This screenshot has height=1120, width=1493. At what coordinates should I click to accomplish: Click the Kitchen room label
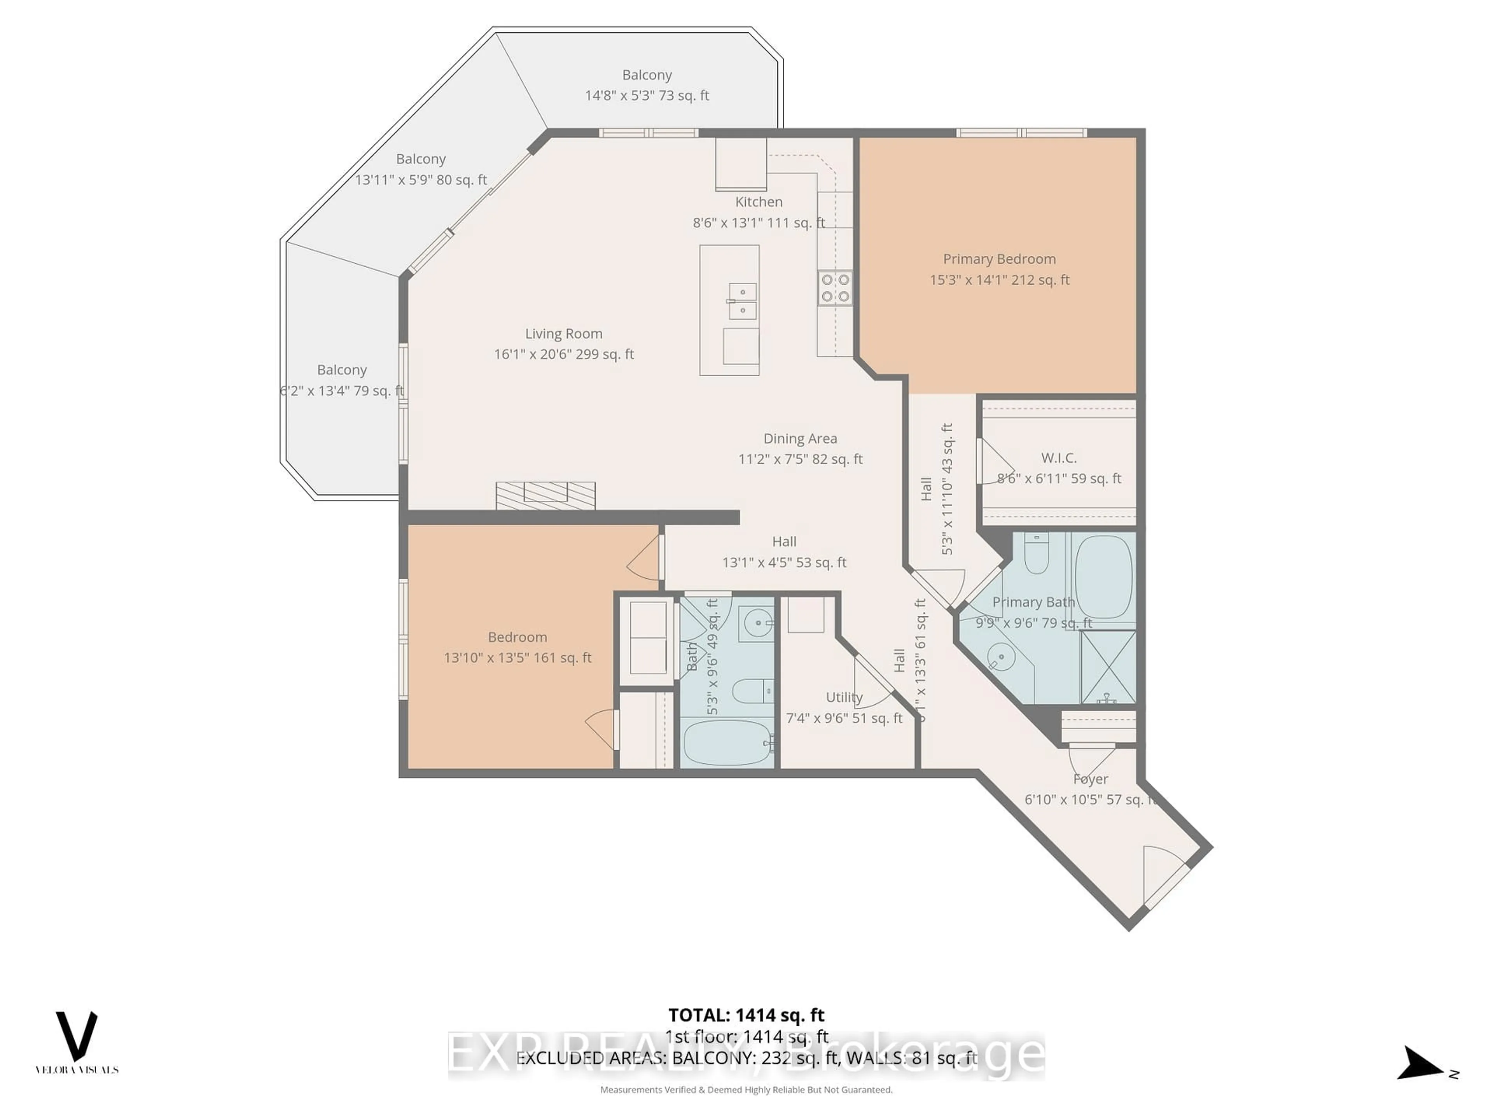759,202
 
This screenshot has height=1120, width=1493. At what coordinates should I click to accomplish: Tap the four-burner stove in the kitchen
835,288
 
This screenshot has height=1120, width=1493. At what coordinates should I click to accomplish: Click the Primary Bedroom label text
999,259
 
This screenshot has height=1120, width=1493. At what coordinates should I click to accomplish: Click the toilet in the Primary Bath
1036,554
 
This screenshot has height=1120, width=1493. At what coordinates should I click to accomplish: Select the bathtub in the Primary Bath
1103,576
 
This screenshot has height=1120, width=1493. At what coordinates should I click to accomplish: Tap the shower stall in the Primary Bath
1108,667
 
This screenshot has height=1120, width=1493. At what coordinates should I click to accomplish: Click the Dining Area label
800,439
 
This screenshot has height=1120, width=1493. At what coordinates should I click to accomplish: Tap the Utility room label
844,697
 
